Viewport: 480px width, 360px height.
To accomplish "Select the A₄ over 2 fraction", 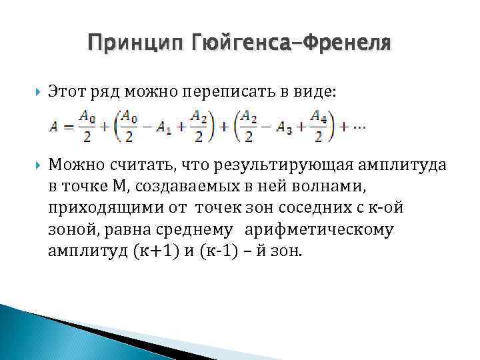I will click(x=319, y=127).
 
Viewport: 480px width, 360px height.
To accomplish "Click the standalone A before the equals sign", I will click(x=53, y=127).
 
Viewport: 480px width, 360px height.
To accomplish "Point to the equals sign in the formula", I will click(x=67, y=127).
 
